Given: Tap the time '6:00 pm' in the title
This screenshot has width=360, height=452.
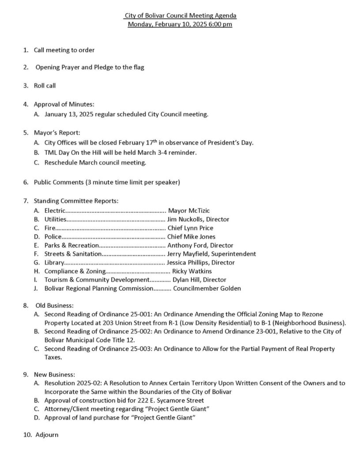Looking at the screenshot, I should pyautogui.click(x=221, y=24).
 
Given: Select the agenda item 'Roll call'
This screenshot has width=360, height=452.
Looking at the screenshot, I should pyautogui.click(x=45, y=86).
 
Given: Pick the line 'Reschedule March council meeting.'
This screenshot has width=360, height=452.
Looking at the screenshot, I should pyautogui.click(x=95, y=162).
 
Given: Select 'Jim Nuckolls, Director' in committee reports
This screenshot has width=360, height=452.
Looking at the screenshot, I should pyautogui.click(x=198, y=219).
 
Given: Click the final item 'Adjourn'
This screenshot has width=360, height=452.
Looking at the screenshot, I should pyautogui.click(x=47, y=435).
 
